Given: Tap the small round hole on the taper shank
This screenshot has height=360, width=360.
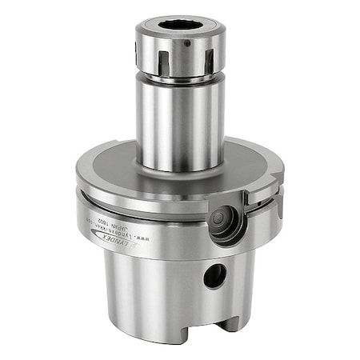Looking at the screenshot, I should pyautogui.click(x=215, y=277).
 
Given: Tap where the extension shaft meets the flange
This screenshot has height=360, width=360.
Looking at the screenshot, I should pyautogui.click(x=178, y=170).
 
